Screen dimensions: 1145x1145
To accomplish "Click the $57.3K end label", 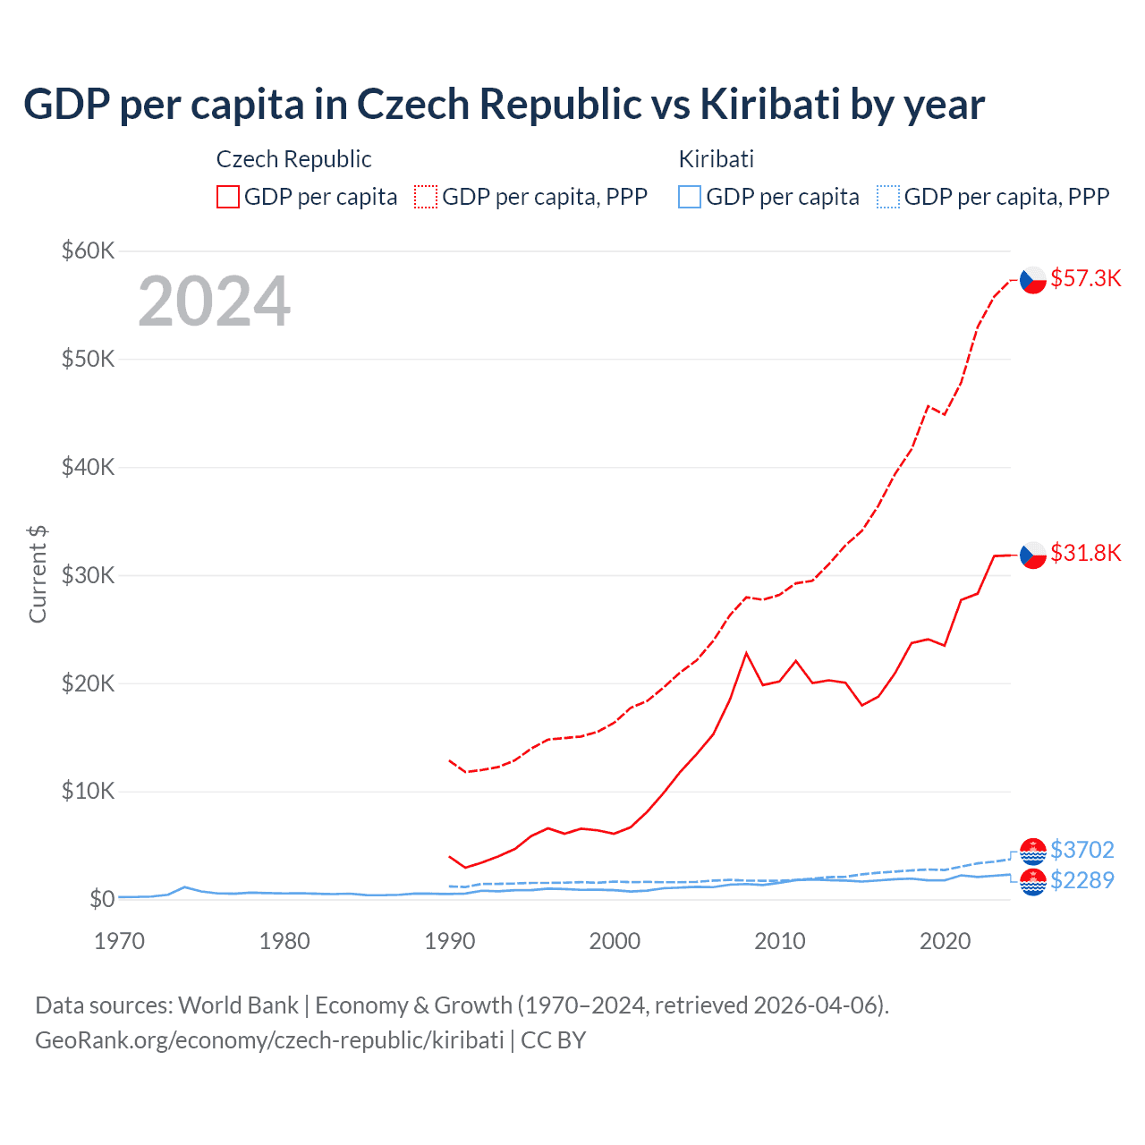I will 1085,279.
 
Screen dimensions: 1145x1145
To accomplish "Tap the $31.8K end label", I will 1085,554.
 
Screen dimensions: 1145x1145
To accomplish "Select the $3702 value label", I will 1081,850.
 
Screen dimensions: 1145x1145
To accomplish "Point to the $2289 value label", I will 1081,880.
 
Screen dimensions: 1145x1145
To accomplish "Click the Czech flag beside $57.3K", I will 1033,280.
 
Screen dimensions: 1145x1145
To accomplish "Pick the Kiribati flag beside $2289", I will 1033,882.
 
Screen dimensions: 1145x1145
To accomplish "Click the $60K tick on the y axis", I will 88,251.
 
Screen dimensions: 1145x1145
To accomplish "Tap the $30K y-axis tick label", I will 88,576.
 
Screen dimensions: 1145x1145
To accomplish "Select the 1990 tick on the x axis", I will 449,941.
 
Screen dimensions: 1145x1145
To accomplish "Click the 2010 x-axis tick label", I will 779,941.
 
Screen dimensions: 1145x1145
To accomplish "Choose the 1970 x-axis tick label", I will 119,941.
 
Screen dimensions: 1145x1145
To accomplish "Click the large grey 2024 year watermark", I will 214,302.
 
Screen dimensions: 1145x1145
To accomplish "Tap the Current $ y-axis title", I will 38,574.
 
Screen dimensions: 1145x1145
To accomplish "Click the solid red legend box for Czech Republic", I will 228,197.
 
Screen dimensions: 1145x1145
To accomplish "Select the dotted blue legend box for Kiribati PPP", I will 888,197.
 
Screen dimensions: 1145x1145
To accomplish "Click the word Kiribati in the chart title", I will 769,105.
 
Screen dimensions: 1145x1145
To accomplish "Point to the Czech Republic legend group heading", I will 293,159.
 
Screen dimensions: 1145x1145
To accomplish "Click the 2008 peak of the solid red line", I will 746,653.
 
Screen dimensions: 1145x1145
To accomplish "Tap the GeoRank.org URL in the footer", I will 269,1040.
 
